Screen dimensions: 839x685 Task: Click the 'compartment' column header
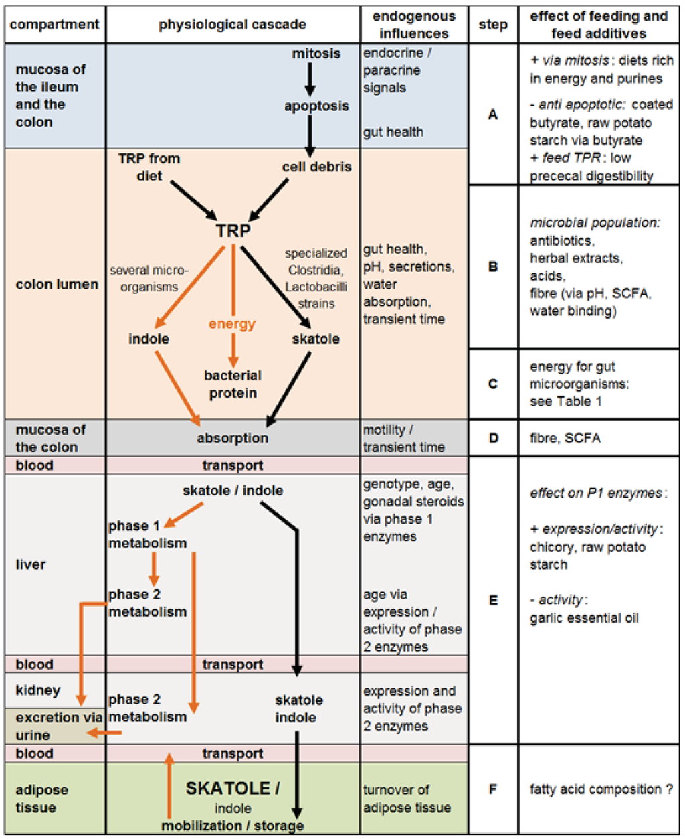[x=54, y=25]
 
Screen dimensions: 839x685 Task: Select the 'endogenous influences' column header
[x=413, y=25]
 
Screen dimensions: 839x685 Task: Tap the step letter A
[x=493, y=115]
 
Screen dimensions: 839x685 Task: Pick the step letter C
[x=493, y=384]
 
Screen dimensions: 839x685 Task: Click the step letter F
[x=493, y=789]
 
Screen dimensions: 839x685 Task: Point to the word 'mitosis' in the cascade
[x=316, y=54]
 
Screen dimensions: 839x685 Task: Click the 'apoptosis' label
[x=316, y=106]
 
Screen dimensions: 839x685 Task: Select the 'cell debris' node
[x=316, y=167]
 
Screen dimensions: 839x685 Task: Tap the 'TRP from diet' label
[x=149, y=167]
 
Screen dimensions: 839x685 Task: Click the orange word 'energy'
[x=232, y=324]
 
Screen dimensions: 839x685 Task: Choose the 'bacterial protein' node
[x=233, y=384]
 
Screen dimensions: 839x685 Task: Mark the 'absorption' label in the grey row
[x=232, y=438]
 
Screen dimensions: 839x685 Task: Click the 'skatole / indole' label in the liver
[x=232, y=491]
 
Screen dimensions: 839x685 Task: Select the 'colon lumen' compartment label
[x=57, y=285]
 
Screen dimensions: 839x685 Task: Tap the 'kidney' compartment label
[x=38, y=690]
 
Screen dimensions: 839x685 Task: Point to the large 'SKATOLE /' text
[x=232, y=788]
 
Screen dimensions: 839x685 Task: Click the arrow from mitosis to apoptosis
[x=310, y=80]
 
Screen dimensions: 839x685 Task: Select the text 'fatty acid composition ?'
[x=601, y=789]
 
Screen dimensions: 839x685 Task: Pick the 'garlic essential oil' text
[x=584, y=617]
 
